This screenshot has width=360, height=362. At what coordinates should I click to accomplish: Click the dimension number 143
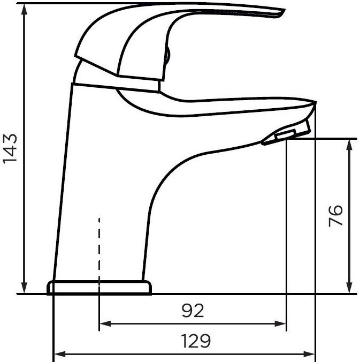coord(10,149)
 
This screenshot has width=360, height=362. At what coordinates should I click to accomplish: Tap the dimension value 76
coord(335,216)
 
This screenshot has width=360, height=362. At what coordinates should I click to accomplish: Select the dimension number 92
coord(193,311)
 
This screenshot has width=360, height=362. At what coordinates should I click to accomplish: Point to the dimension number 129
coord(196,341)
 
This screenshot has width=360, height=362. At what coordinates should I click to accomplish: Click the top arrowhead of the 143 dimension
coord(24,10)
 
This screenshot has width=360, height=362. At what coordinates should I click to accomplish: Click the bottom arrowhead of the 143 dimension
coord(24,288)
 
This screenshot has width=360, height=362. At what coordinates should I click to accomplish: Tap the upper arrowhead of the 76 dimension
coord(350,145)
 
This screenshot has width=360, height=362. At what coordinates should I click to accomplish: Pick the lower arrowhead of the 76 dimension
coord(350,288)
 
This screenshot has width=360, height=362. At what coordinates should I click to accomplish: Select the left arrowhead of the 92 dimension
coord(105,323)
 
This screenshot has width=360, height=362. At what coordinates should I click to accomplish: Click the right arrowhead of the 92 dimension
coord(280,323)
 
